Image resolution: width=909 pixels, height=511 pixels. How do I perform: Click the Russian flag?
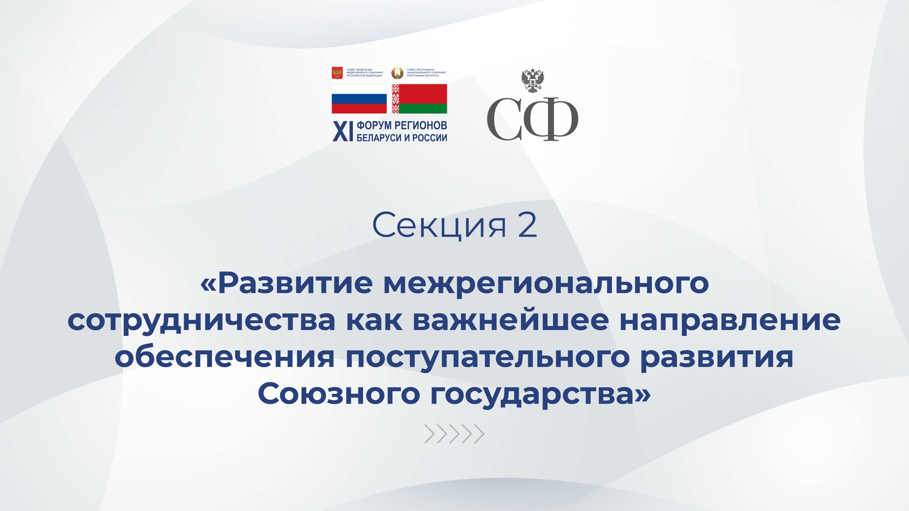(x=359, y=99)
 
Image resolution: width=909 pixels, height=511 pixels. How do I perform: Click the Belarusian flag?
(x=419, y=99)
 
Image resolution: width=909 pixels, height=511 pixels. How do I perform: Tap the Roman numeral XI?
(x=343, y=132)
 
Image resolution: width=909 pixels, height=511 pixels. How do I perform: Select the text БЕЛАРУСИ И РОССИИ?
(x=402, y=138)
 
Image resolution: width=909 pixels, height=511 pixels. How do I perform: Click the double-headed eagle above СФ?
(x=533, y=81)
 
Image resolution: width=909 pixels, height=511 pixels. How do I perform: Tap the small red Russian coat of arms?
(x=337, y=73)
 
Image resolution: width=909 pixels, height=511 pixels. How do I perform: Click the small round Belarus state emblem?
(x=397, y=73)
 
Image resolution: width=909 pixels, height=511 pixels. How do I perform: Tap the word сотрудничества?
(x=201, y=321)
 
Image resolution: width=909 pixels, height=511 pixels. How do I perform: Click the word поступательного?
(x=487, y=357)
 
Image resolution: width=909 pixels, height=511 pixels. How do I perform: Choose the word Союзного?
(x=339, y=394)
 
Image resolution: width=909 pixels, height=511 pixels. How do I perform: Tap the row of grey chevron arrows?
(x=454, y=434)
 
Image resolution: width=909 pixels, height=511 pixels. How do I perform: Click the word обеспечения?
(x=224, y=357)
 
